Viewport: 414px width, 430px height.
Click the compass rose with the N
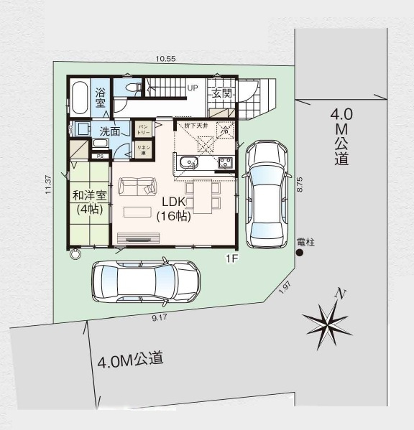click(329, 317)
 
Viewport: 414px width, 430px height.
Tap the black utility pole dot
click(300, 253)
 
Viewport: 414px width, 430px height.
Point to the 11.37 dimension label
click(47, 185)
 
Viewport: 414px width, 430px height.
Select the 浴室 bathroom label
click(101, 98)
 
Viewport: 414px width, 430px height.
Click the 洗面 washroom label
click(110, 131)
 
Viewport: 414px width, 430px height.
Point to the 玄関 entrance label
click(220, 93)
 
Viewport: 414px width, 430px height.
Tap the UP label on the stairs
click(192, 88)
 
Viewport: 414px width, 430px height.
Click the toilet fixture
click(131, 87)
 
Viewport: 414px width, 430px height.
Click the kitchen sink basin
click(189, 162)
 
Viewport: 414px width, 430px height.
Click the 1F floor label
click(231, 257)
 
